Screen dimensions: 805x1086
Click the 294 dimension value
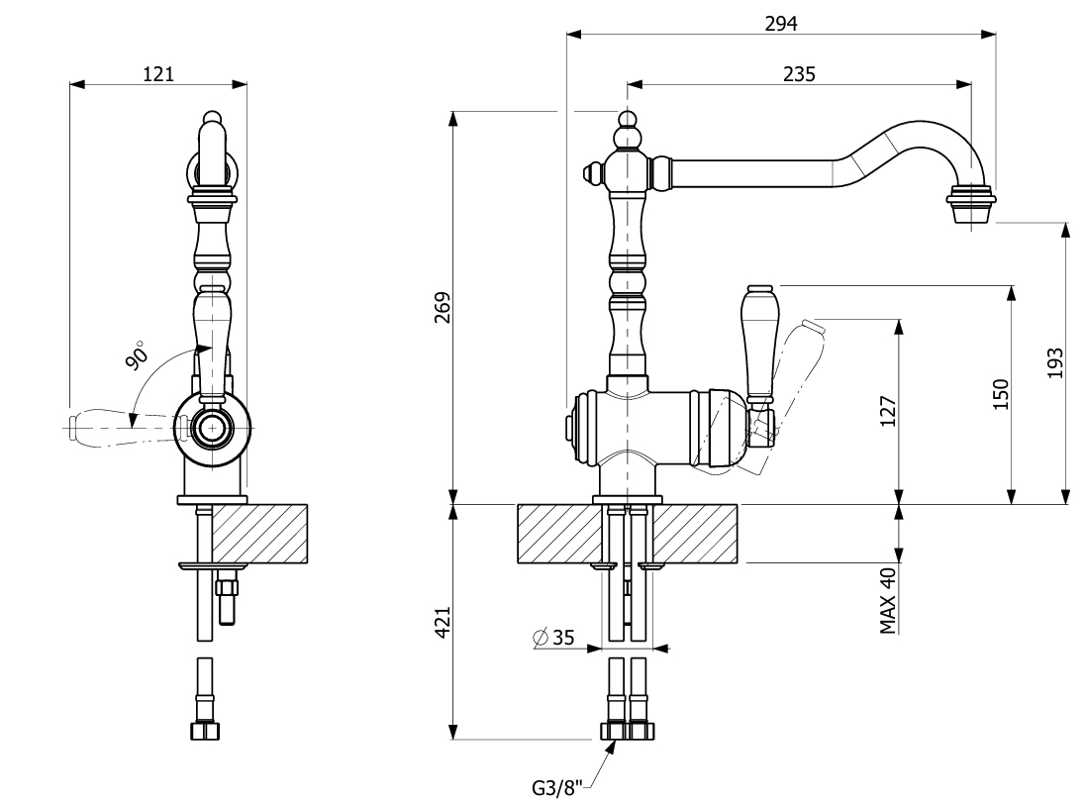point(781,22)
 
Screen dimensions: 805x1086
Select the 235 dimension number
point(799,73)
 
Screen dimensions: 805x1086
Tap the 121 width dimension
point(158,73)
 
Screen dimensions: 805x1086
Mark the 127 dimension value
point(888,411)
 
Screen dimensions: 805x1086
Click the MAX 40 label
point(888,600)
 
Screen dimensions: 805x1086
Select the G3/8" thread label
point(557,788)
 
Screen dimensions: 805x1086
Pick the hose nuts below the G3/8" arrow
point(627,732)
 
